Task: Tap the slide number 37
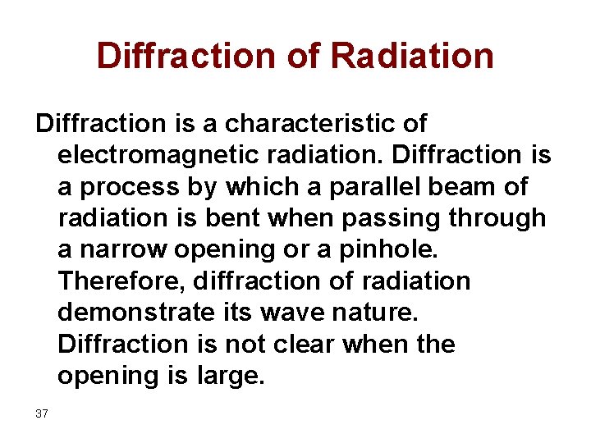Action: point(42,413)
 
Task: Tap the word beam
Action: point(462,186)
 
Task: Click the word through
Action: point(503,218)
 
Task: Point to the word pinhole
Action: point(393,249)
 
